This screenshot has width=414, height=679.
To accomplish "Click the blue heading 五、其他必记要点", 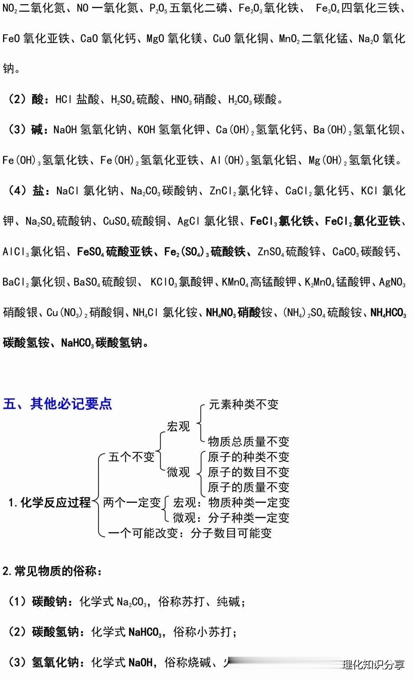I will click(58, 404).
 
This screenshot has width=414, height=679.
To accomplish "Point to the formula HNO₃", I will click(181, 100).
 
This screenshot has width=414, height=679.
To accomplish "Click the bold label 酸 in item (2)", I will click(38, 100).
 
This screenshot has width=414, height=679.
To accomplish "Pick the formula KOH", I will click(146, 130).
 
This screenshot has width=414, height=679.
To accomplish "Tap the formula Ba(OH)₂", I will click(332, 130).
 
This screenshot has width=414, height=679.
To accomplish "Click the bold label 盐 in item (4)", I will click(38, 191).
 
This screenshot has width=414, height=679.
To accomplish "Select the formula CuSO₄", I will click(116, 221).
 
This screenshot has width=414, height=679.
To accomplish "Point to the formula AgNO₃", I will click(392, 283).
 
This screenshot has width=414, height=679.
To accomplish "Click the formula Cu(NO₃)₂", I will click(67, 313).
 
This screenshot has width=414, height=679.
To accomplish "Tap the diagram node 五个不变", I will click(131, 457).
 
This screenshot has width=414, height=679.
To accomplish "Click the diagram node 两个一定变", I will click(132, 502).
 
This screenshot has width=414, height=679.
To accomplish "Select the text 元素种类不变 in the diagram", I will click(243, 404).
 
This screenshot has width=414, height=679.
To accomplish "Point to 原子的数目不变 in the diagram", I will click(248, 472).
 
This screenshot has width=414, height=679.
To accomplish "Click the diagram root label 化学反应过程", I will click(55, 502).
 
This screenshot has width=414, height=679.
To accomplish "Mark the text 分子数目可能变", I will click(231, 533).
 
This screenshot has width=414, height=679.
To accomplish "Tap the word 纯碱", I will click(228, 602).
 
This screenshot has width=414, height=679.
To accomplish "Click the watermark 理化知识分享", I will click(373, 664).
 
